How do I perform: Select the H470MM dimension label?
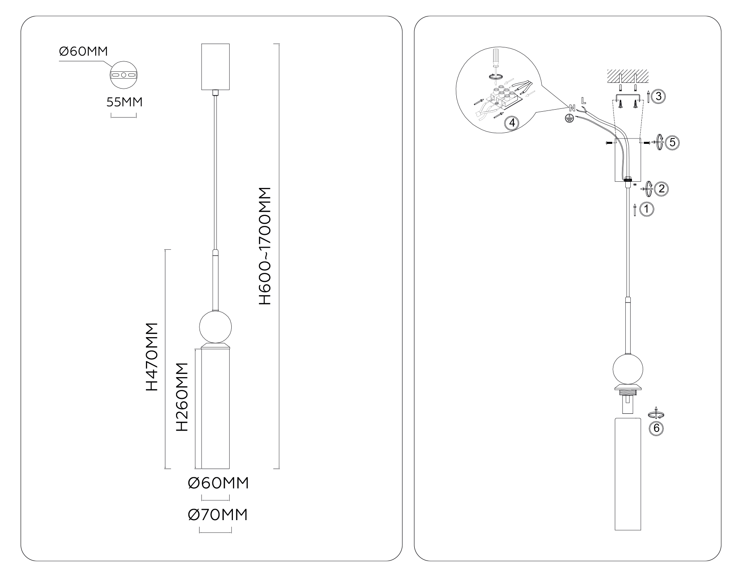click(152, 357)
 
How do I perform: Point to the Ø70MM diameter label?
click(218, 515)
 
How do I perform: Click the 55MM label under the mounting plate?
click(124, 102)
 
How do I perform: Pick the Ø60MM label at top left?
click(84, 52)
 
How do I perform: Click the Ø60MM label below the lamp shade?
click(218, 483)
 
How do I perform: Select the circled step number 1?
click(647, 209)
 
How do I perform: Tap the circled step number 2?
click(661, 189)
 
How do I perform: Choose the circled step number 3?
click(659, 97)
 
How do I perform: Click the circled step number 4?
click(512, 123)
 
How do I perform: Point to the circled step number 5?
click(672, 143)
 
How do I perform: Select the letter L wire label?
click(583, 100)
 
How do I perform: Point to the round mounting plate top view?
click(123, 75)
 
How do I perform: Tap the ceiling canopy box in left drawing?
click(215, 66)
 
